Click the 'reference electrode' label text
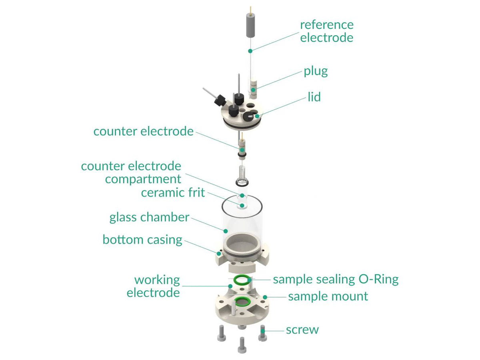click(x=326, y=31)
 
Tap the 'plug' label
click(x=316, y=71)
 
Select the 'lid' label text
click(x=314, y=97)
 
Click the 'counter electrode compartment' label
click(x=131, y=172)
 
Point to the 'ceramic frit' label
click(x=173, y=193)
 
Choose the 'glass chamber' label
click(x=149, y=217)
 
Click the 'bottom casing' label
click(x=142, y=240)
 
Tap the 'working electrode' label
click(x=153, y=286)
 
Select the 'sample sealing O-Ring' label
click(x=336, y=279)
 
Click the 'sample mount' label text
click(x=328, y=296)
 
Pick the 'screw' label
click(x=302, y=330)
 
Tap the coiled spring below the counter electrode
click(x=241, y=175)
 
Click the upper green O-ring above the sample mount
click(x=242, y=280)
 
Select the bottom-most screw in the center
click(x=242, y=345)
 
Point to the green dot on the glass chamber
click(x=226, y=231)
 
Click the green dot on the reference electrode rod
click(x=250, y=51)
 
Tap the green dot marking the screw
click(x=262, y=331)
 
